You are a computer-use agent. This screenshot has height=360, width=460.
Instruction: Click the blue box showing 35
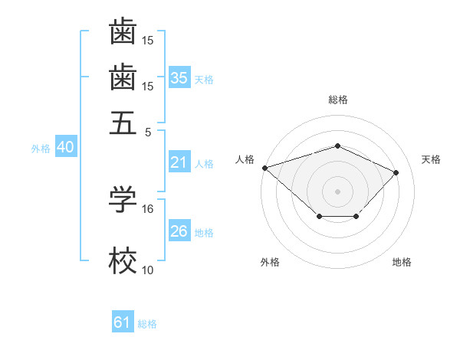tap(179, 78)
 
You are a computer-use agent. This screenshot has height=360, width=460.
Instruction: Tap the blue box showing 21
tap(179, 162)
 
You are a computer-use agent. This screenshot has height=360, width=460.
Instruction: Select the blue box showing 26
tap(179, 232)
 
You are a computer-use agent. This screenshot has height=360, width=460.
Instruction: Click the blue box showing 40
tap(65, 148)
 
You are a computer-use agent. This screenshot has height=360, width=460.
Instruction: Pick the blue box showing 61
tap(123, 323)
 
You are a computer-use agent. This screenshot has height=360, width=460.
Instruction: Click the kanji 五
tap(123, 123)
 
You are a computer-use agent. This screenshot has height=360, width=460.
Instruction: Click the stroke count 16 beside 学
tap(148, 208)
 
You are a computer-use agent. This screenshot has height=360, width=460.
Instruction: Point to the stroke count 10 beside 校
tap(148, 270)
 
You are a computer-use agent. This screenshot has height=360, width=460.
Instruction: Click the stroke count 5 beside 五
tap(149, 131)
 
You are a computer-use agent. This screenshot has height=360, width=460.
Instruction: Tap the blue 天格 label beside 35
tap(204, 79)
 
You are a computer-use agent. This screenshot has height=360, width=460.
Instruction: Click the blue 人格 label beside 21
tap(204, 163)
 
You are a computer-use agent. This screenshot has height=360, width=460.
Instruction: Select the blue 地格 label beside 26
tap(204, 233)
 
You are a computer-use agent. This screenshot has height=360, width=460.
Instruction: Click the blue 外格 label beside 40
tap(41, 149)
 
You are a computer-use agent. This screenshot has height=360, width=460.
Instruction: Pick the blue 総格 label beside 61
tap(147, 324)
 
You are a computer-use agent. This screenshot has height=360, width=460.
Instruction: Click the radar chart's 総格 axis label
tap(337, 100)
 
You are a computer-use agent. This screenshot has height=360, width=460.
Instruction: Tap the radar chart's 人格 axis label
tap(245, 159)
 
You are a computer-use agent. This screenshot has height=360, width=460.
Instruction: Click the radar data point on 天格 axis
tap(396, 172)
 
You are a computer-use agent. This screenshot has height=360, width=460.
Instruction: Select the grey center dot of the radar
tap(337, 191)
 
